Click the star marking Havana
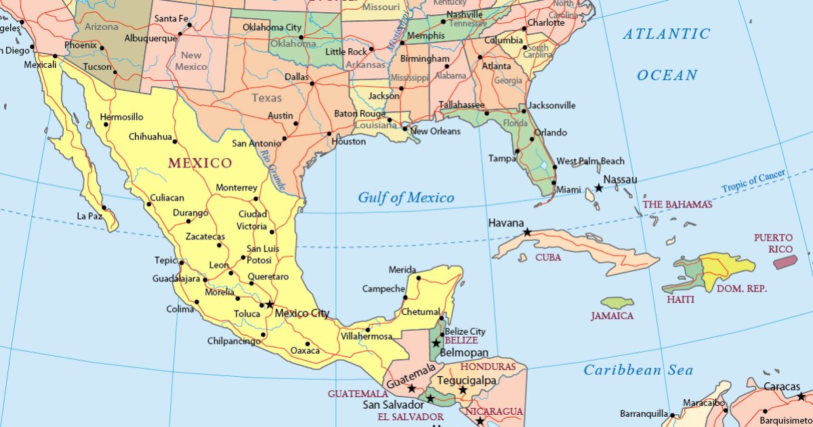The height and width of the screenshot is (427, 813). click(x=527, y=232)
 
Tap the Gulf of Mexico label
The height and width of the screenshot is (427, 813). click(x=406, y=198)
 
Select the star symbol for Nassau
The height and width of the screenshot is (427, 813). click(x=599, y=188)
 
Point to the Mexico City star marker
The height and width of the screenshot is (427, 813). click(x=270, y=304)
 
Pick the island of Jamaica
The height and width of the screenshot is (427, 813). click(x=617, y=303)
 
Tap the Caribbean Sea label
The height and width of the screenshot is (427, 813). click(x=638, y=370)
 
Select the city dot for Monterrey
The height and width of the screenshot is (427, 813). click(x=256, y=199)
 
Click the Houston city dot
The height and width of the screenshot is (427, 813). click(x=329, y=134)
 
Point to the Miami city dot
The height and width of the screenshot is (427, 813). click(x=554, y=183)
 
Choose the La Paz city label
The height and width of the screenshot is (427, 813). click(x=89, y=216)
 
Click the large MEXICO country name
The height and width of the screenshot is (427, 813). click(x=200, y=163)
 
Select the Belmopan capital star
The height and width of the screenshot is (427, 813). click(x=436, y=344)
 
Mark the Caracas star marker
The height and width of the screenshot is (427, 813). click(x=801, y=396)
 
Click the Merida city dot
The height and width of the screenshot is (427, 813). click(x=419, y=278)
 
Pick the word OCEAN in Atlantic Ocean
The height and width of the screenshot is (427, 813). click(x=667, y=75)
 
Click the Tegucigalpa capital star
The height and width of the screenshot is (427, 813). click(x=463, y=390)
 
